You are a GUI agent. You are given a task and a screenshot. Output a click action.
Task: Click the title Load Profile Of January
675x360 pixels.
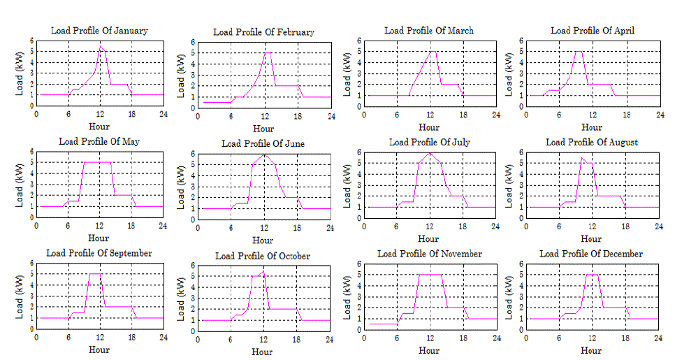click(99, 31)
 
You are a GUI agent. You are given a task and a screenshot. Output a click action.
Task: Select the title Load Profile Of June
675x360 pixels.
click(263, 143)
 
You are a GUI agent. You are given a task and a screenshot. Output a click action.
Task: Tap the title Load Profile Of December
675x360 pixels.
click(591, 254)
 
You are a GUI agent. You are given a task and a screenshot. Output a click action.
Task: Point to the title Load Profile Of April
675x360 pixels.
click(592, 31)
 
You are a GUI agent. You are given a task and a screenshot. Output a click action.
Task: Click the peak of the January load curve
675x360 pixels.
click(101, 47)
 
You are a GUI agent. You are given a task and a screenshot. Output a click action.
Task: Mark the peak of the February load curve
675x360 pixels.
click(265, 52)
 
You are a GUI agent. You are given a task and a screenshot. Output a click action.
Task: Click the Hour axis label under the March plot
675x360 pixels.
click(429, 127)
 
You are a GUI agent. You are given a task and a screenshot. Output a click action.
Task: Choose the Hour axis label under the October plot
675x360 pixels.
click(263, 352)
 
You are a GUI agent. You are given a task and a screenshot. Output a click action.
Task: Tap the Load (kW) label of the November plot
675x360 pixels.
click(347, 296)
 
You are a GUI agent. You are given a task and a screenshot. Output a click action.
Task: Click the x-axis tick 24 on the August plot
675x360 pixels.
click(658, 226)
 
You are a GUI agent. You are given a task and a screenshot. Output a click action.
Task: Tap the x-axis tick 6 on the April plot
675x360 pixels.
click(560, 114)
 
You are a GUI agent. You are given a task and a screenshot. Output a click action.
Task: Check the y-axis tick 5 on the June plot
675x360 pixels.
click(192, 165)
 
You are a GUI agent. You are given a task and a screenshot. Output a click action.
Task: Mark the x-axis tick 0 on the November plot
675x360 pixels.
click(364, 338)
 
